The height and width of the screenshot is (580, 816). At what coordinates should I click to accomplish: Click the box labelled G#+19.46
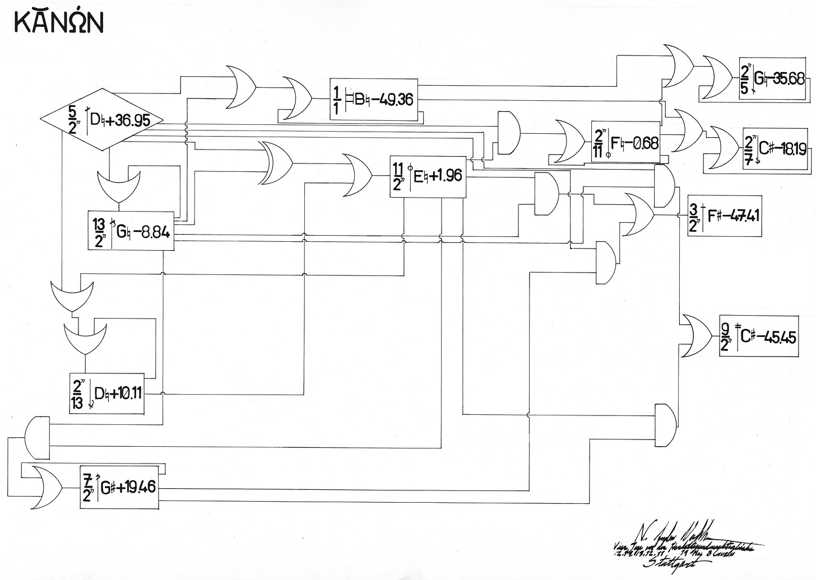[x=118, y=488]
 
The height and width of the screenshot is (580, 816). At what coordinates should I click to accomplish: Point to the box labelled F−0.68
[x=626, y=141]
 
